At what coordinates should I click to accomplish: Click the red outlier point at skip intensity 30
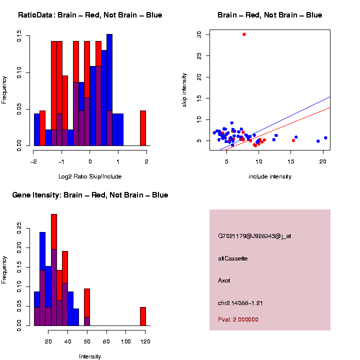[244, 34]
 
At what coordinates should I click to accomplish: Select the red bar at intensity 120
[143, 316]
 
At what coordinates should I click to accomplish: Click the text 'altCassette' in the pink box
[232, 258]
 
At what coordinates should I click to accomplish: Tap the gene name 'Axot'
[224, 280]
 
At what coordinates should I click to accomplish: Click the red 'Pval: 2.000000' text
[238, 319]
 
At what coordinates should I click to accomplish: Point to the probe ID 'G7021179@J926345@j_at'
[254, 236]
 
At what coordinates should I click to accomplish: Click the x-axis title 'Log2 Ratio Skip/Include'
[89, 176]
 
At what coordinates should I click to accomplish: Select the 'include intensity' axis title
[269, 176]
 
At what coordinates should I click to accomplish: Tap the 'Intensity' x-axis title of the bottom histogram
[90, 356]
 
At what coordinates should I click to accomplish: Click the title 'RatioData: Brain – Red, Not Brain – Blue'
[90, 15]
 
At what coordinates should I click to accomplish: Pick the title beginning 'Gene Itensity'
[90, 195]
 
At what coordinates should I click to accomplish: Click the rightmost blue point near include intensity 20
[325, 138]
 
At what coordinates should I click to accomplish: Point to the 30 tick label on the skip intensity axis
[199, 34]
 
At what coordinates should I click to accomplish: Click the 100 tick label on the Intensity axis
[126, 341]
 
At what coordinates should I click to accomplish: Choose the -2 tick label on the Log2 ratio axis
[32, 161]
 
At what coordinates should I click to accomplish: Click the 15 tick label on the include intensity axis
[291, 161]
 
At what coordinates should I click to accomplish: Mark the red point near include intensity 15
[293, 140]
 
